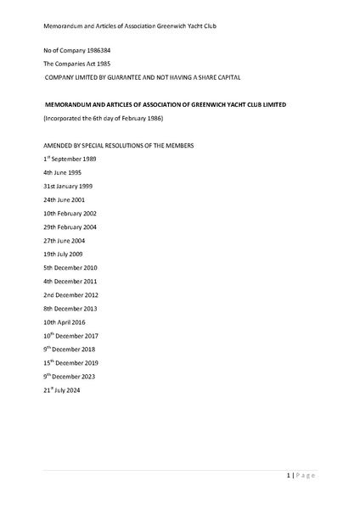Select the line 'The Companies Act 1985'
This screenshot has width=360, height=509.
click(76, 64)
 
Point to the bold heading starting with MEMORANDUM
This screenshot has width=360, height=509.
click(165, 105)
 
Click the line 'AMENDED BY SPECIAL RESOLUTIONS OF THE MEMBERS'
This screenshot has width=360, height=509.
click(118, 146)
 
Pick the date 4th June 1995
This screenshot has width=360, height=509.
click(63, 172)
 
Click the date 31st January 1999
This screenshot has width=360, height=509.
click(68, 186)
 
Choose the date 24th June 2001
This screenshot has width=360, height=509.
click(65, 199)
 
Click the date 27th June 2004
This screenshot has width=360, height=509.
click(65, 240)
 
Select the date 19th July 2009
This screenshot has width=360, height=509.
click(63, 254)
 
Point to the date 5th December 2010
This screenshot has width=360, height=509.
click(70, 267)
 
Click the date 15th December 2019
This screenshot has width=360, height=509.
click(71, 362)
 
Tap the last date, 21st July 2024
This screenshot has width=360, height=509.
click(64, 389)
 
